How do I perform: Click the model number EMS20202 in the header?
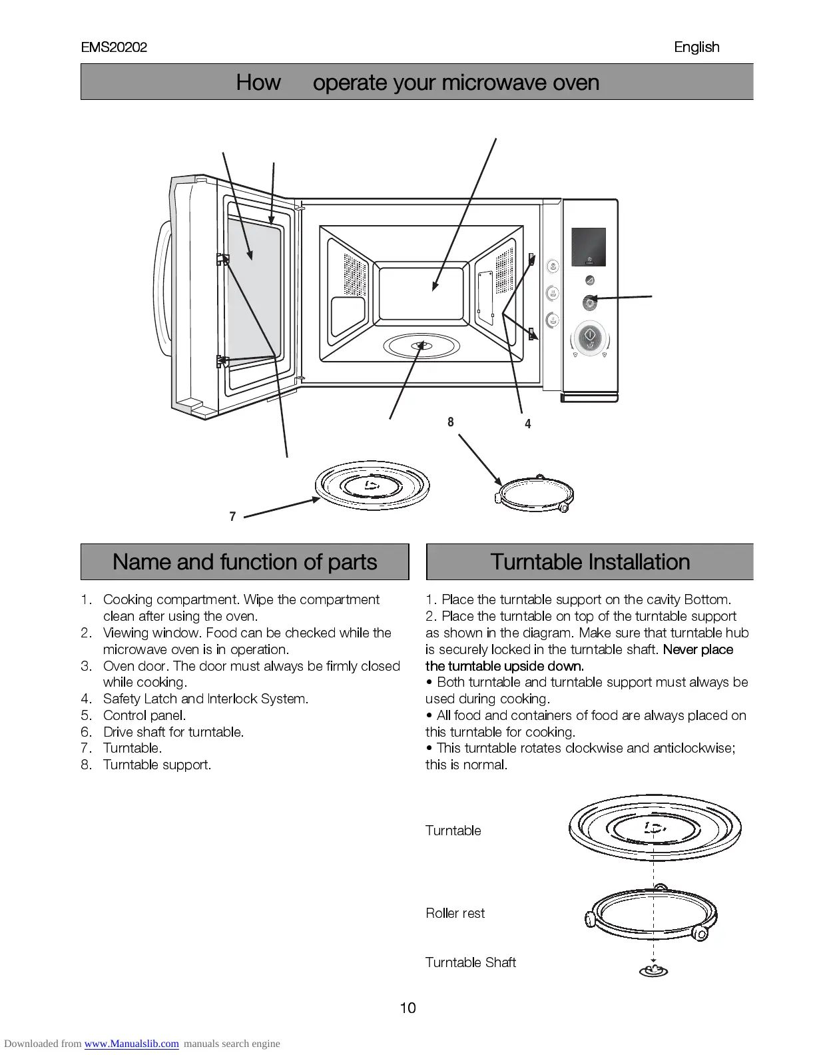point(114,47)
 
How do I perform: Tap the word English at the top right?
point(696,47)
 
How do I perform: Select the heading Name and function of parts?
point(244,562)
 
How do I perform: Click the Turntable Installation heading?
point(590,562)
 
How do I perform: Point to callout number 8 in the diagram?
point(451,422)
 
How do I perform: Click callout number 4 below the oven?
point(528,424)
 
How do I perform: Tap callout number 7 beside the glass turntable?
point(232,516)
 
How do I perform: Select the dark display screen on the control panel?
point(589,247)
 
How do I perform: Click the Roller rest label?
point(455,913)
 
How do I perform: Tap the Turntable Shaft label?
point(471,962)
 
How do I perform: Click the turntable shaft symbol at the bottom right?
point(653,970)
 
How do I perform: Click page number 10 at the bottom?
point(407,1008)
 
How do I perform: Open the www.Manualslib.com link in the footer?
point(131,1044)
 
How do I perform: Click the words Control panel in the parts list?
point(144,715)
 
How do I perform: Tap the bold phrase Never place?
point(698,649)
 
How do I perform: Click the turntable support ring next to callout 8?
point(535,495)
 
